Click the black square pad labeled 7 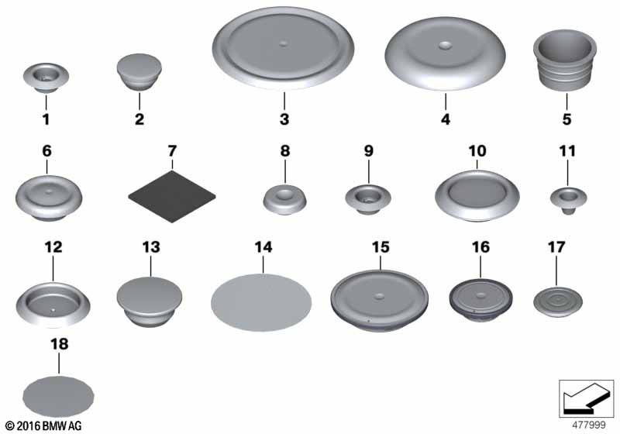[172, 196]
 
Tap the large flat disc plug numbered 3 [283, 48]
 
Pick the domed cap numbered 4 [445, 53]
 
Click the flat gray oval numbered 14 [261, 302]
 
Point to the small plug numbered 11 [569, 201]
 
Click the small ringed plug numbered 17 [558, 302]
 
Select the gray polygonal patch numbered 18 [59, 396]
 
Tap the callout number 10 [477, 150]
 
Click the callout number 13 [151, 247]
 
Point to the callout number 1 [46, 119]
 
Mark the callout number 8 [285, 150]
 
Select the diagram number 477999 [589, 425]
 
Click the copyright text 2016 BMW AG [43, 425]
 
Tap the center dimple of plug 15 [379, 295]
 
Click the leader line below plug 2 [139, 100]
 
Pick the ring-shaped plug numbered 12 [53, 304]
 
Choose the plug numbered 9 [368, 200]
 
